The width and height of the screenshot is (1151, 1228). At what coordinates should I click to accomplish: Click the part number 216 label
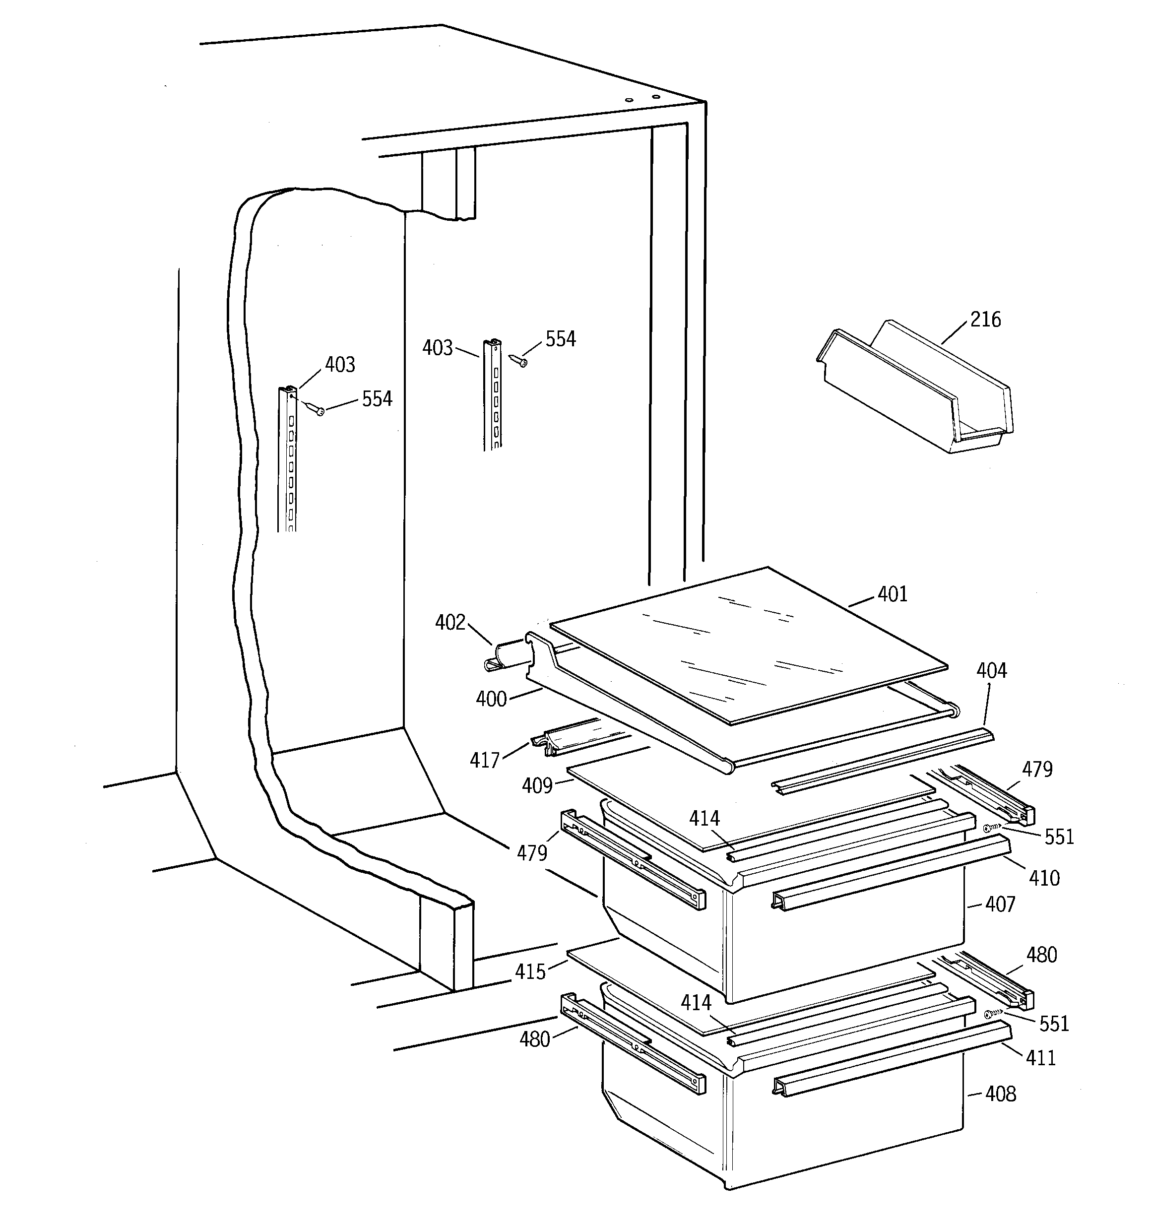[985, 320]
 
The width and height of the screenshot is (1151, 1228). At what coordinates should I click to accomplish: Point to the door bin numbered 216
[916, 387]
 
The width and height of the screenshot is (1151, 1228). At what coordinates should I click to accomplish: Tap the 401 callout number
[893, 594]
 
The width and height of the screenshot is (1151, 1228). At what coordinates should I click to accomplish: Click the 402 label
[450, 623]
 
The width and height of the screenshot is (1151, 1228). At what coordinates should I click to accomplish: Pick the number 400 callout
[491, 699]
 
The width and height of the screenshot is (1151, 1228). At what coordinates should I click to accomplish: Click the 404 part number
[992, 671]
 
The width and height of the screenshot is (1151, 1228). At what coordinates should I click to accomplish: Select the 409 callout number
[537, 786]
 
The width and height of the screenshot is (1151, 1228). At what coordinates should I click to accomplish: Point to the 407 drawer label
[1000, 905]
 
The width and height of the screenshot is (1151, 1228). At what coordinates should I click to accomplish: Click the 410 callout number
[1044, 878]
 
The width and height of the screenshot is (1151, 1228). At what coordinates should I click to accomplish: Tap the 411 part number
[1041, 1058]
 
